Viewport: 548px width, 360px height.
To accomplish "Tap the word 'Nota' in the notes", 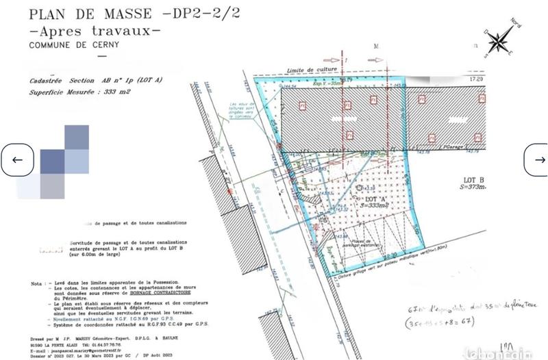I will coord(37,282).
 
